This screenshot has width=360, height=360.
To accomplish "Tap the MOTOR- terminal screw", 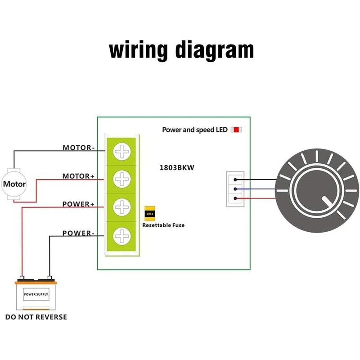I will (x=121, y=152).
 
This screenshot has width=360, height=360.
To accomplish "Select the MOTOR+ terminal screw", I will (x=121, y=180).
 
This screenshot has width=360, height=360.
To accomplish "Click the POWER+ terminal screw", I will (x=121, y=207).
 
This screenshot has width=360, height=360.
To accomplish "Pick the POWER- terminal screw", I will (x=121, y=235).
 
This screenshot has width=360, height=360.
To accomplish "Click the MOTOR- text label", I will (x=79, y=148).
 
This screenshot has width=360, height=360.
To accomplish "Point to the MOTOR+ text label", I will (x=78, y=176).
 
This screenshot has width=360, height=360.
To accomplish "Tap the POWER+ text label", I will (x=78, y=204).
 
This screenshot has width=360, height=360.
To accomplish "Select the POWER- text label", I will (x=78, y=233).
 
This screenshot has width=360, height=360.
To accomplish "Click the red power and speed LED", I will (x=236, y=130).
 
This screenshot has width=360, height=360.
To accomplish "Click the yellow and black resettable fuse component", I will (x=150, y=213).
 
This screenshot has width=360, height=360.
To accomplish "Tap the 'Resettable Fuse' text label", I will (x=163, y=225).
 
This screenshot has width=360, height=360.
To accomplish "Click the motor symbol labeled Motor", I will (x=14, y=184).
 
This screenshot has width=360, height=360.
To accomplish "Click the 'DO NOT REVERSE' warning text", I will (x=36, y=317).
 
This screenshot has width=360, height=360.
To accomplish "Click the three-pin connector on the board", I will (x=235, y=189).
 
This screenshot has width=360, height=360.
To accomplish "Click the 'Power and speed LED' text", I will (x=195, y=130).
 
